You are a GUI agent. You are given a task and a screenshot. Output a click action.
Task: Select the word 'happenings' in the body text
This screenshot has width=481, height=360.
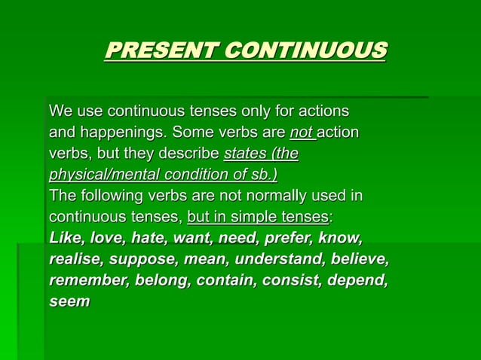[x=121, y=133]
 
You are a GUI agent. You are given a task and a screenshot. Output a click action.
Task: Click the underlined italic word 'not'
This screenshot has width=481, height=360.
[x=301, y=133]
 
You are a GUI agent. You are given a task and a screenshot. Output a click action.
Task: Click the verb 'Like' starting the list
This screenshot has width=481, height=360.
[x=66, y=239]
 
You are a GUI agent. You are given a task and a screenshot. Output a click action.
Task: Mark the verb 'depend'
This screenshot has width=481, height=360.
[x=360, y=281]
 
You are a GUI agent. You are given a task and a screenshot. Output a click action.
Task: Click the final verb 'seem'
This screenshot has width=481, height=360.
[x=69, y=302]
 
